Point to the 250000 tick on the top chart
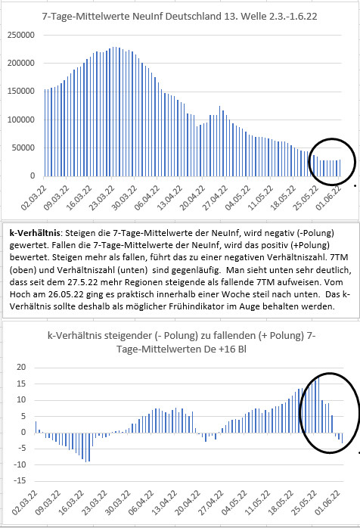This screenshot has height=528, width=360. pos(21,35)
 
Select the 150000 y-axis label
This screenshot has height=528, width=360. pos(21,92)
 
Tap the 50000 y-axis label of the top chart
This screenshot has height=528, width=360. pos(23,148)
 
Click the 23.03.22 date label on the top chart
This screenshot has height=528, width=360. pos(101,197)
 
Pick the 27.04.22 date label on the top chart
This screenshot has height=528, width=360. pos(215,197)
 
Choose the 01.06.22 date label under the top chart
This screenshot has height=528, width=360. pos(328,197)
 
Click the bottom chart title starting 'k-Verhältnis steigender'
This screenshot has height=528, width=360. pos(182,342)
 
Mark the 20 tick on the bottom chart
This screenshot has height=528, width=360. pos(21,367)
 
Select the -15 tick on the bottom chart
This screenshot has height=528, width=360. pos(20,480)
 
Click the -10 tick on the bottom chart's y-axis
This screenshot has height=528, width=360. pos(20,464)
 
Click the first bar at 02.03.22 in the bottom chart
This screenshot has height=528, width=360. pos(36,427)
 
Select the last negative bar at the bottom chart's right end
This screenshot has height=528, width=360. pos(342,438)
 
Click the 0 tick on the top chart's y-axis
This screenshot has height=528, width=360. pos(33,175)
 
